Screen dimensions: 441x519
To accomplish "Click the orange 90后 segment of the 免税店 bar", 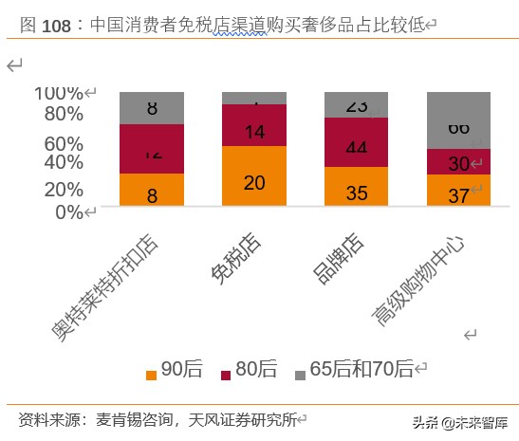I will click(254, 176).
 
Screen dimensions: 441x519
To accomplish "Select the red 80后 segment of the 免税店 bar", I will click(254, 125).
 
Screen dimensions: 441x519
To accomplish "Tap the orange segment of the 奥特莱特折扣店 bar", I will click(152, 190).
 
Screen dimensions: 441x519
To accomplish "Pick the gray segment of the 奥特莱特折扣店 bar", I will click(152, 107).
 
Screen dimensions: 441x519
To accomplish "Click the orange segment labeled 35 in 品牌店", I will click(357, 187).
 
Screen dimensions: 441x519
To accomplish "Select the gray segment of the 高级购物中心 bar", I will click(458, 119).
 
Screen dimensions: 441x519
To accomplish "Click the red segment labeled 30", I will click(458, 162).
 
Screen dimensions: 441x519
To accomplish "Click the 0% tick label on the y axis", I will click(68, 211).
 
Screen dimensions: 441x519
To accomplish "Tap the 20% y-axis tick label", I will click(64, 189).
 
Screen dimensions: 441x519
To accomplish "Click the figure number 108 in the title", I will click(56, 26).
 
